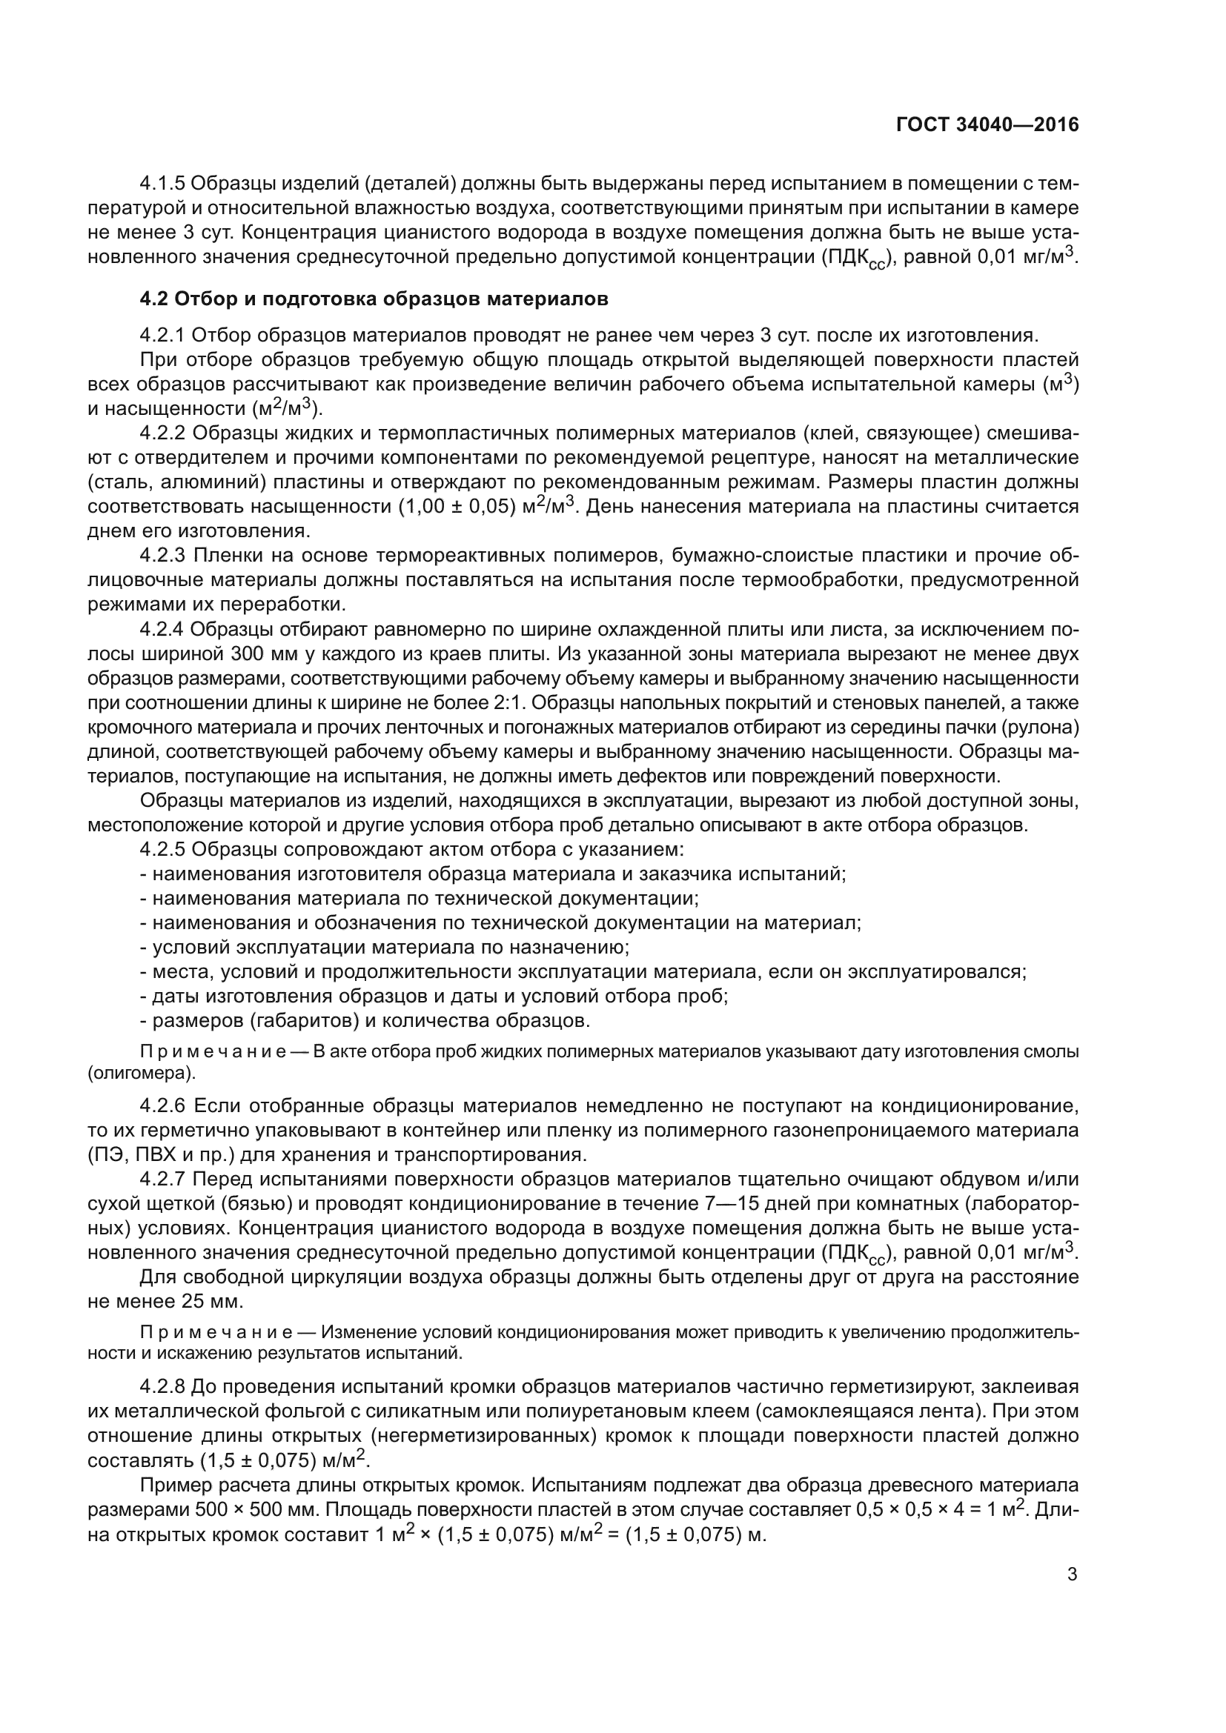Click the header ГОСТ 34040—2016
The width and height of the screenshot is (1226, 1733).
(987, 124)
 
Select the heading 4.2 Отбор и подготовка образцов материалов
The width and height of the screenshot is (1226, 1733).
(374, 299)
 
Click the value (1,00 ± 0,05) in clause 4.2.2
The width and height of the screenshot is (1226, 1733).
(457, 508)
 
